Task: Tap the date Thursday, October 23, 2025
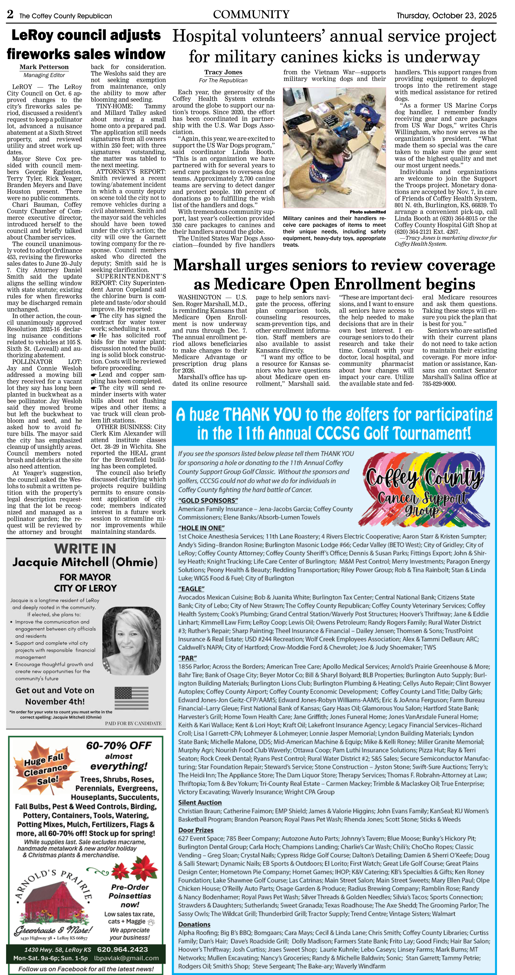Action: pos(446,15)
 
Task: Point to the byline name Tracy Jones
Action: pos(223,72)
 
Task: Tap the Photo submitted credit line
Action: pos(367,212)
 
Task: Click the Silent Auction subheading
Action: pos(200,802)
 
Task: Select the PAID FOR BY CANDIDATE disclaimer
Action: pos(133,723)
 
